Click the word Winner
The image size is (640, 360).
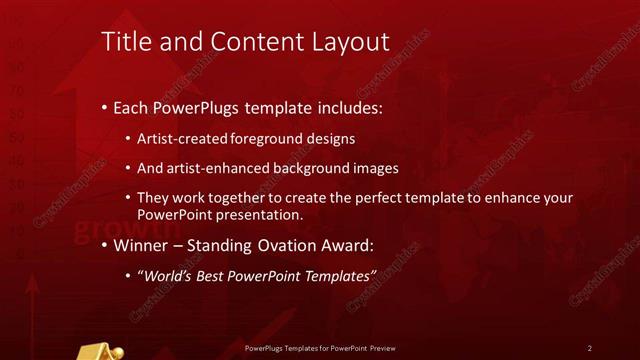(x=143, y=245)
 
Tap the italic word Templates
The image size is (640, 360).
(x=335, y=275)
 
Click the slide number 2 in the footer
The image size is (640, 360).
(x=590, y=348)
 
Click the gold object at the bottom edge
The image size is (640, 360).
(x=100, y=351)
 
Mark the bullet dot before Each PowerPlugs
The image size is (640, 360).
(x=106, y=107)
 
